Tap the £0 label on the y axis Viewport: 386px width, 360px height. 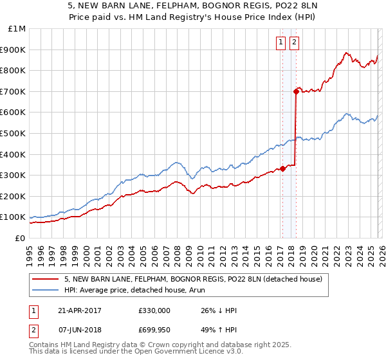[x=21, y=239]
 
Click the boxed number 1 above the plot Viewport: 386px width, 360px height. [x=281, y=43]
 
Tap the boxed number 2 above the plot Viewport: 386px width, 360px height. [x=294, y=43]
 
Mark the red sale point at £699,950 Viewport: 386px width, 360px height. [x=296, y=91]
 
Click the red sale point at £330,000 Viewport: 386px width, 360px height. [x=282, y=169]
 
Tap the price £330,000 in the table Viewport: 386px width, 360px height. [x=154, y=310]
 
